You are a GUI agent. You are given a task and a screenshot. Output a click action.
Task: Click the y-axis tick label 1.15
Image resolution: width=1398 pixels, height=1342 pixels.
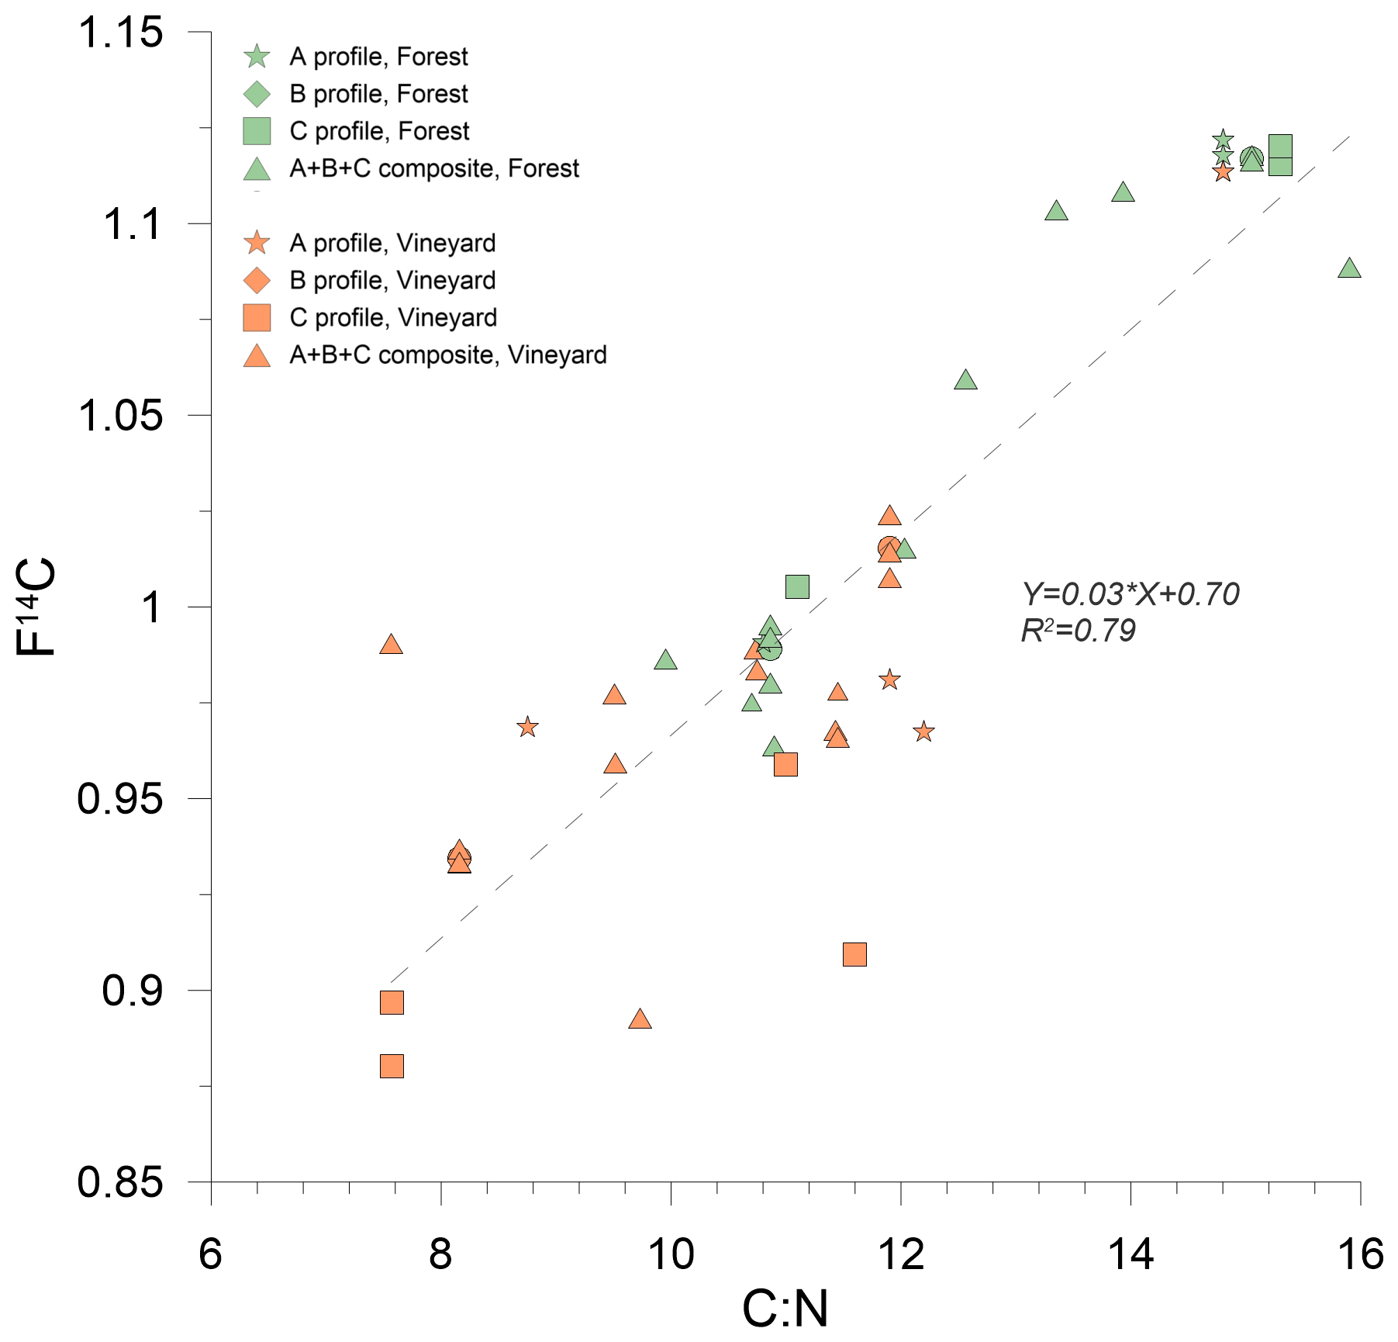121,33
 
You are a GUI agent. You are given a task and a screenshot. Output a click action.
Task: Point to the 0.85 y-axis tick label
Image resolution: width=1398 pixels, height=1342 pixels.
121,1182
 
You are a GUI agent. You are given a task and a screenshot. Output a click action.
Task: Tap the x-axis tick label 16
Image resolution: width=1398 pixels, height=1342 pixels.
1360,1254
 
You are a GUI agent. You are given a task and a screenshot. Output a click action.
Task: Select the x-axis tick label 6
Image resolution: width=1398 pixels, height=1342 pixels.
210,1254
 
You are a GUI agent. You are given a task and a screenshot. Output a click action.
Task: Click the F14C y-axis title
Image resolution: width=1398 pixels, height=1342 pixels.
36,607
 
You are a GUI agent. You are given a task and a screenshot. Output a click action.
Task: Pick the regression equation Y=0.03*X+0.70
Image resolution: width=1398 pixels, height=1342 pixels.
1130,594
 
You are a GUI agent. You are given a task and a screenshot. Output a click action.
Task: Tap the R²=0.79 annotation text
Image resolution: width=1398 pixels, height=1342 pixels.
1078,631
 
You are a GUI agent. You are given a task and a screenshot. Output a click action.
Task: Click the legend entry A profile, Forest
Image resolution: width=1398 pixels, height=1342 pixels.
378,57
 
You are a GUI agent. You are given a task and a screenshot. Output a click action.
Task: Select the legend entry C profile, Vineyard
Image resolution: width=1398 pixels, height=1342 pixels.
393,317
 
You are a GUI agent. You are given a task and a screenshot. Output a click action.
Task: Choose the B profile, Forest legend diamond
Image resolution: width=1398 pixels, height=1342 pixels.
257,94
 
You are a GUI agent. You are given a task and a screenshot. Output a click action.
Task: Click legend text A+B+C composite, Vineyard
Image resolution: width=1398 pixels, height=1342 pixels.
448,355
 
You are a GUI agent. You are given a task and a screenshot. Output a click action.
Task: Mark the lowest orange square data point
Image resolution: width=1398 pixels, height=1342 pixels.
392,1066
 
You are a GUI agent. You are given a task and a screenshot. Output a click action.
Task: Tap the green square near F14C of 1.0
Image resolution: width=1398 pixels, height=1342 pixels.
797,586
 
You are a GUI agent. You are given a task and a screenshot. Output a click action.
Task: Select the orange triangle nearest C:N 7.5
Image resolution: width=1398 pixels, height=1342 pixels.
392,645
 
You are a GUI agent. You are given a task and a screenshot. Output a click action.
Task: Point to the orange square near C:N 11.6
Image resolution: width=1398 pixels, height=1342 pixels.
854,954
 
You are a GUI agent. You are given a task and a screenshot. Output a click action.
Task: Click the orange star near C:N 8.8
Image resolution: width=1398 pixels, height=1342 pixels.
528,727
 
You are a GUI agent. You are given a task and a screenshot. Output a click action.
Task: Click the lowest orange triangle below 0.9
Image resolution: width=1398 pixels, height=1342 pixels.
640,1019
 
